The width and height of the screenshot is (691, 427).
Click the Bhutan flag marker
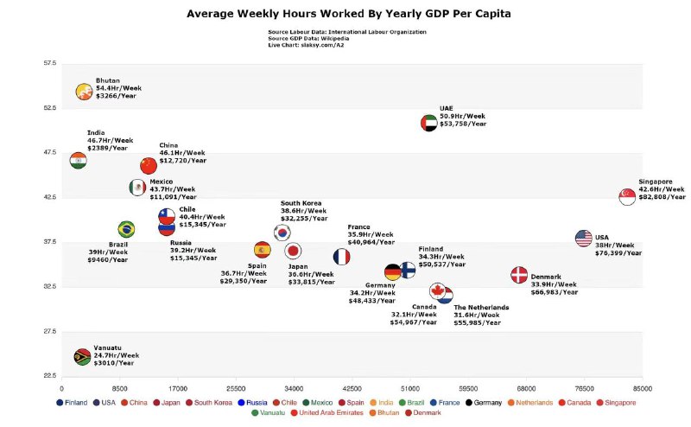click(84, 92)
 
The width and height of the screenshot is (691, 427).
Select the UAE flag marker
click(429, 123)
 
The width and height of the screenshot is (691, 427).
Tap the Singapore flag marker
click(628, 196)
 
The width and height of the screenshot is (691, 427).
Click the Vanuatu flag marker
click(82, 356)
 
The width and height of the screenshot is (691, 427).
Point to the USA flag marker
click(584, 239)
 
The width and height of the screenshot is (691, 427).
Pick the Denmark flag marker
click(519, 275)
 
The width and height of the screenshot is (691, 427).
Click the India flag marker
click(79, 160)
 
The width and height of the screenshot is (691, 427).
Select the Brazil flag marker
click(126, 229)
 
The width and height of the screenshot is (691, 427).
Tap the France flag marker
click(342, 257)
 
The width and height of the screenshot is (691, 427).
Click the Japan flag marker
click(293, 251)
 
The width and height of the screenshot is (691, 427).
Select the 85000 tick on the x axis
click(641, 389)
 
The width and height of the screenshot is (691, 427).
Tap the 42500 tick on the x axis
click(352, 389)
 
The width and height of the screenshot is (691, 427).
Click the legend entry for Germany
click(484, 402)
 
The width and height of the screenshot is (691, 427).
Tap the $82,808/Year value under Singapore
click(662, 196)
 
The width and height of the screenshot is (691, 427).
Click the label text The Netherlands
click(481, 308)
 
